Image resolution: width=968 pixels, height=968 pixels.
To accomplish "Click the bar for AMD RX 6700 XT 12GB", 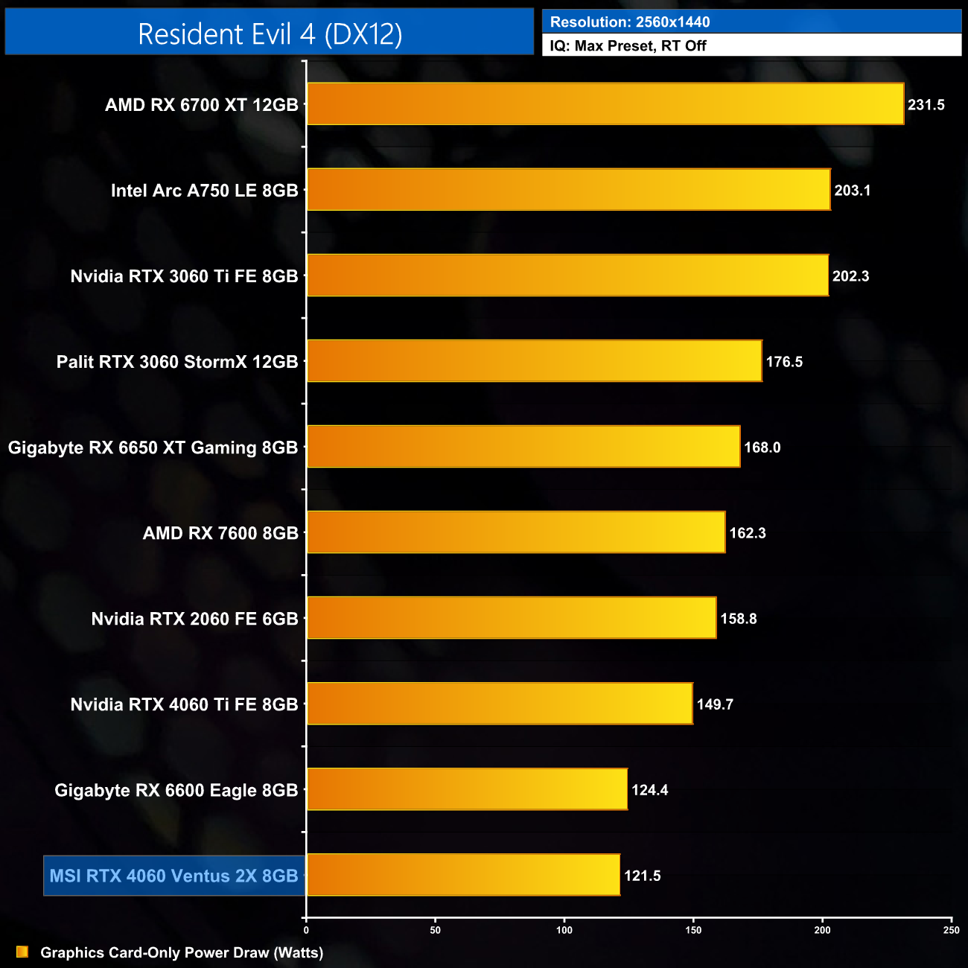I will (605, 104).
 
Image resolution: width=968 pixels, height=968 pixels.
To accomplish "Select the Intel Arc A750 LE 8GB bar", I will (568, 190).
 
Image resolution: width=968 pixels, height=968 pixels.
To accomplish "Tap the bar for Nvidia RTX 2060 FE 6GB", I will (512, 618).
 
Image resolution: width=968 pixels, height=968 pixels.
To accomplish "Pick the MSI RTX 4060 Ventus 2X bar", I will (463, 875).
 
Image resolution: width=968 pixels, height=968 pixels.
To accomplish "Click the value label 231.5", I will (926, 105).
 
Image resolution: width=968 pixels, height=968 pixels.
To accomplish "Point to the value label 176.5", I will (784, 362).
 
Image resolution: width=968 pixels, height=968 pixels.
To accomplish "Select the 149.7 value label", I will (715, 704).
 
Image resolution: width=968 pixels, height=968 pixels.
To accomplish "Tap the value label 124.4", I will (649, 790).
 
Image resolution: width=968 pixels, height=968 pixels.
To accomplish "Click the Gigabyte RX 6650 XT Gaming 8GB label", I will (153, 448).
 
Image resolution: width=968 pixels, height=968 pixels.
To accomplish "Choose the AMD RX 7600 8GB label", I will (220, 533).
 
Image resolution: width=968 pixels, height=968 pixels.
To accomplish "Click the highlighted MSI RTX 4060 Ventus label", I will (173, 876).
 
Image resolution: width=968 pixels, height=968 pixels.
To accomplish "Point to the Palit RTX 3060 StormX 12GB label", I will (177, 362).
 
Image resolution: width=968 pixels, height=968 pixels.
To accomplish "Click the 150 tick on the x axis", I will (693, 930).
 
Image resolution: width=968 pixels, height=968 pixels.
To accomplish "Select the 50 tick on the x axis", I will (436, 930).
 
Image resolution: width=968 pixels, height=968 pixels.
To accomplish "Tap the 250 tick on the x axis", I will (951, 930).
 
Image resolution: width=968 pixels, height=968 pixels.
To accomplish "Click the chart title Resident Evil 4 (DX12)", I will (270, 34).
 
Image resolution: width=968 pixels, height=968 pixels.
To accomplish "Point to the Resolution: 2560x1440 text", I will (630, 22).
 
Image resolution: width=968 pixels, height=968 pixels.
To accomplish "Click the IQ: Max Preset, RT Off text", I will (628, 46).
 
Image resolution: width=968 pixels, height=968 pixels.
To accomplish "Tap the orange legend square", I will (22, 952).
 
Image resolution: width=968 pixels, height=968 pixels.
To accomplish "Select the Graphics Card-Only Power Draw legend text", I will (182, 952).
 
